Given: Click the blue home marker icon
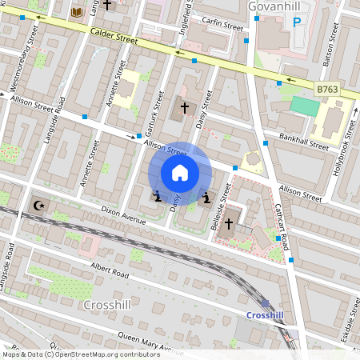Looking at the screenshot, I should pos(180,173).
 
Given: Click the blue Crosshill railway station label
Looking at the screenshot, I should pos(265,315).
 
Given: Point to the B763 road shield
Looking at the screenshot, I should pos(326,91).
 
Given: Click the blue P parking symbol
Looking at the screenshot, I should pos(297,23).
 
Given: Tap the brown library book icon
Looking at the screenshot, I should pos(77,12).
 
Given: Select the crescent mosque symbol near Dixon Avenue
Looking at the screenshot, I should pos(38,206).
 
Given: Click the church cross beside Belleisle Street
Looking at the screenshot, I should pos(230,222).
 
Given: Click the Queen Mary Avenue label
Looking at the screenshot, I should pos(144,344).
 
